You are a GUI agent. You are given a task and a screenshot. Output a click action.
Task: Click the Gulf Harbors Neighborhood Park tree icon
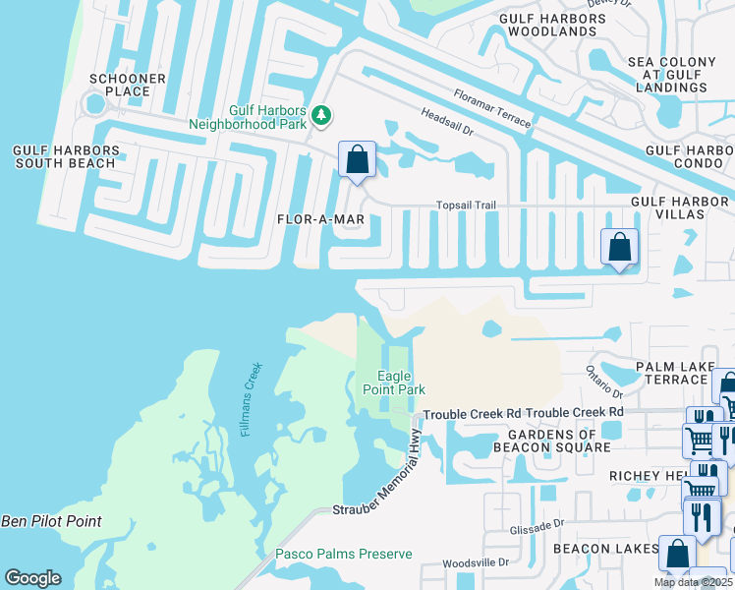click(320, 117)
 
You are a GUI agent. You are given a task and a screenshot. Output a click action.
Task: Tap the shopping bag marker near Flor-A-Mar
click(357, 159)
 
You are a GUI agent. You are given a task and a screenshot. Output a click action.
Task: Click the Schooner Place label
click(120, 85)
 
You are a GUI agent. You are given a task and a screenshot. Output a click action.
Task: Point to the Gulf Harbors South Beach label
click(66, 157)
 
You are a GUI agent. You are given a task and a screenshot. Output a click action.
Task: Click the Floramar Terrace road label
click(492, 108)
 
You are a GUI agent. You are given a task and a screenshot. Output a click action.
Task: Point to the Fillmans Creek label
click(251, 399)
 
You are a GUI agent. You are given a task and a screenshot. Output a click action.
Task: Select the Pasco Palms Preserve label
click(344, 555)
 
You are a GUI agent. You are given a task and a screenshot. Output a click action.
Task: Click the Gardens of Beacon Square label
click(558, 441)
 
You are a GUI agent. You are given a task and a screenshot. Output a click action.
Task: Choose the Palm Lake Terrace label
click(674, 374)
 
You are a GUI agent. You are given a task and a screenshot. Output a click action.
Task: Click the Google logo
click(32, 578)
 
